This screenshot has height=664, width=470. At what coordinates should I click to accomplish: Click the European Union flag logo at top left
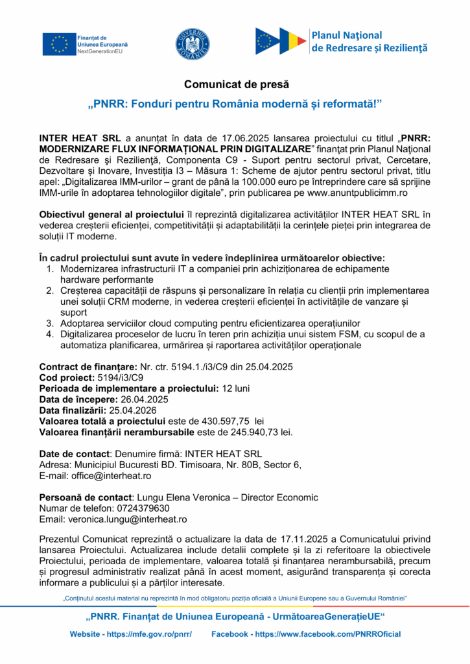pyautogui.click(x=59, y=43)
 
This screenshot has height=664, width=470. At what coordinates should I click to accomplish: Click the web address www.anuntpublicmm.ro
pyautogui.click(x=353, y=193)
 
